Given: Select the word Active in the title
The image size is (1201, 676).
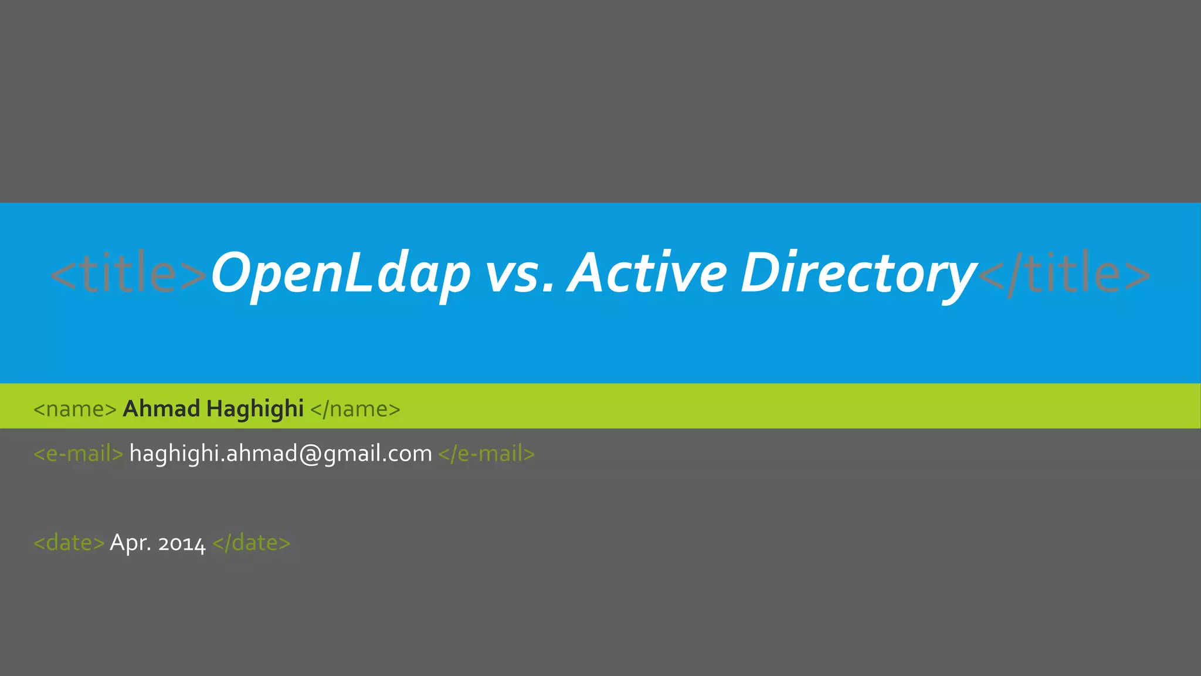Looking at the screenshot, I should [648, 273].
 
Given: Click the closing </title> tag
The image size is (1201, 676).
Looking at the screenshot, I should [1064, 273].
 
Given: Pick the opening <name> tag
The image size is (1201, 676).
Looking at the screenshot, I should [75, 409].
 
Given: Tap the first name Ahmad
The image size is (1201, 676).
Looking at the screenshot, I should [161, 408].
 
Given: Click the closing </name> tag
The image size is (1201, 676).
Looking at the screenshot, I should [355, 409].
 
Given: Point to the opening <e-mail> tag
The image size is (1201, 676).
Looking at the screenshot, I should [79, 454].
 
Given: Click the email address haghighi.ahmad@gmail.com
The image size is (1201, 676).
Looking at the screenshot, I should [280, 454].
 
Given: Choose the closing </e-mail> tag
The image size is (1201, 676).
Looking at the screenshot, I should [487, 454].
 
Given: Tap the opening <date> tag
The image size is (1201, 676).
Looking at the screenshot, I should [69, 543].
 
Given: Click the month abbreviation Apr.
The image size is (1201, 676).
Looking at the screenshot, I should [130, 543].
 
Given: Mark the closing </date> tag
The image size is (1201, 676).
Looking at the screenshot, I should [252, 543].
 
